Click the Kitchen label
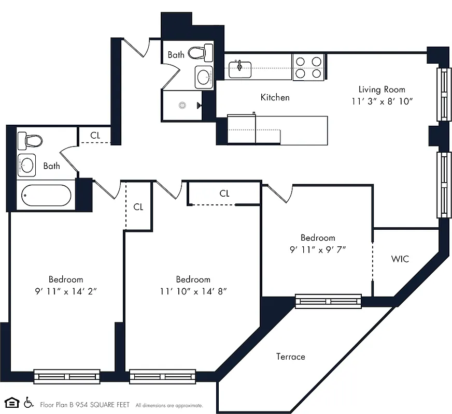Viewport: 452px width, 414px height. click(x=275, y=97)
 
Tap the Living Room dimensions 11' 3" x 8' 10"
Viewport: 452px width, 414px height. click(x=382, y=102)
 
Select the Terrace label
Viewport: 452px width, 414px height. click(x=290, y=357)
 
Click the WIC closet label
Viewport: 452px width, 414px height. click(x=400, y=258)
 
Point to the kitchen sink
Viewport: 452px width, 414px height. click(x=240, y=68)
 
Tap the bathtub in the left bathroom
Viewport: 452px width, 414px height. click(x=46, y=196)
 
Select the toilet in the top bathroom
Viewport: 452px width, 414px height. click(x=200, y=52)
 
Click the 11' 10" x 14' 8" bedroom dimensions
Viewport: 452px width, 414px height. click(x=193, y=291)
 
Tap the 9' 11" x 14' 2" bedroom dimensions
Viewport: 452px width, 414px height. click(x=66, y=291)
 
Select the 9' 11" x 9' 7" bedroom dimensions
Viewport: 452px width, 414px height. click(x=318, y=249)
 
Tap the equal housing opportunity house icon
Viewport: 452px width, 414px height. click(x=11, y=403)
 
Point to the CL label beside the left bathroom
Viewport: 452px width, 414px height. click(x=95, y=135)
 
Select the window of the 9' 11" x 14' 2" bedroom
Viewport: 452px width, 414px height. click(x=67, y=376)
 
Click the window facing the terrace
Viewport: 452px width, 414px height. click(x=328, y=301)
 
